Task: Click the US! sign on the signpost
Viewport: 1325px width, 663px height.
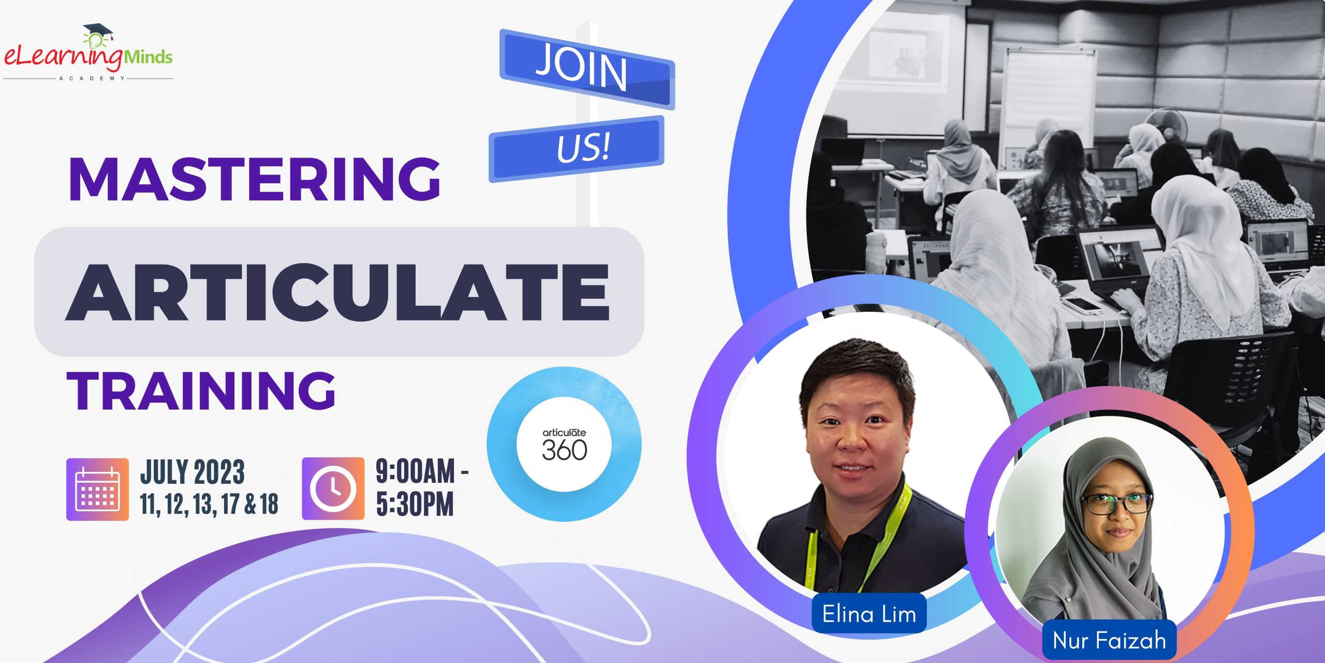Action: [x=583, y=147]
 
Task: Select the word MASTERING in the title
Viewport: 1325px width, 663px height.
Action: [x=254, y=179]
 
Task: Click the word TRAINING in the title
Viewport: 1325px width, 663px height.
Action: [x=201, y=391]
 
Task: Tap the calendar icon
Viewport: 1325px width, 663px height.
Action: [x=97, y=489]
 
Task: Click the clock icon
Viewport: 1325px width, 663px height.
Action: [x=333, y=488]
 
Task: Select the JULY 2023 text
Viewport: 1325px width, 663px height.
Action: [x=193, y=472]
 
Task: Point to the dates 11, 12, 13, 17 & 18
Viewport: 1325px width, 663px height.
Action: [x=209, y=504]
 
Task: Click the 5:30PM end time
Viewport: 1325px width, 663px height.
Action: [x=415, y=504]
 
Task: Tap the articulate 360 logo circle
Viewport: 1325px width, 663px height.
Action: [x=564, y=444]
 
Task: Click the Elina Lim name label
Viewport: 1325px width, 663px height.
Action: [x=869, y=614]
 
